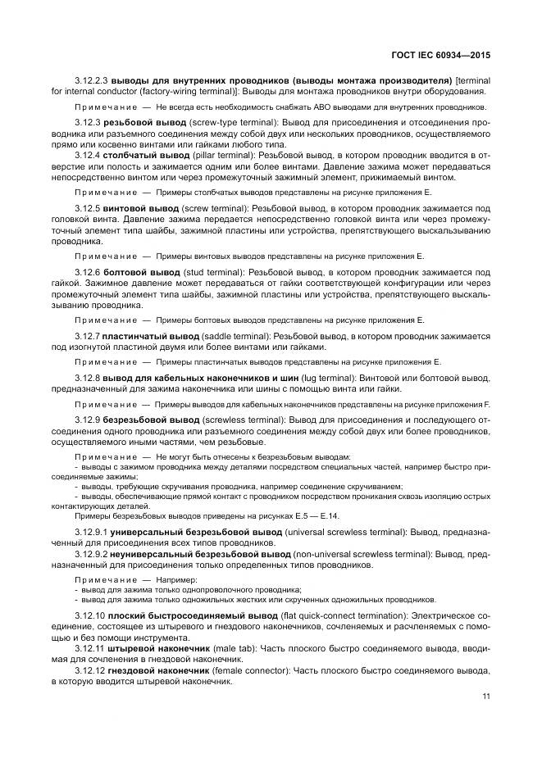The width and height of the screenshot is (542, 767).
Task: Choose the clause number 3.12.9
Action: [x=86, y=419]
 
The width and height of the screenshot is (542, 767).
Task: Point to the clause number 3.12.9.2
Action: [x=91, y=554]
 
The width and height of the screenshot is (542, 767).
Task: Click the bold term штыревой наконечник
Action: [x=157, y=648]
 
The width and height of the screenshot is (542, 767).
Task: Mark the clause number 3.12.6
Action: [x=86, y=271]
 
